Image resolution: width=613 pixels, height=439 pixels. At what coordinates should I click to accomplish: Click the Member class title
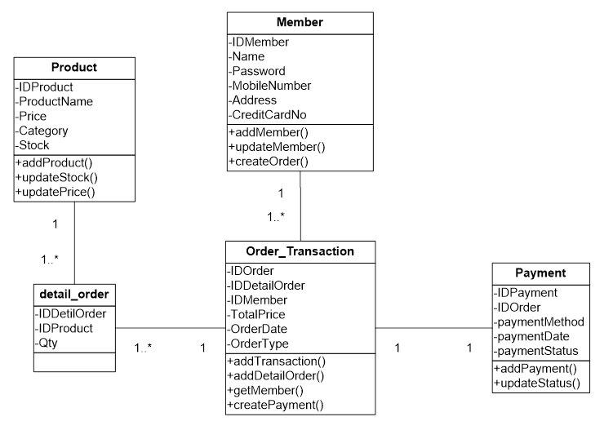click(x=300, y=23)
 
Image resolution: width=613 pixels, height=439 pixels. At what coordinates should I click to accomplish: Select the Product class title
click(x=74, y=68)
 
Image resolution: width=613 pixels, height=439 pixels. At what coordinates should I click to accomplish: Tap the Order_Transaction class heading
click(x=300, y=251)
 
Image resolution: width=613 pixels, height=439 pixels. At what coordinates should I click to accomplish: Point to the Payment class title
click(x=540, y=273)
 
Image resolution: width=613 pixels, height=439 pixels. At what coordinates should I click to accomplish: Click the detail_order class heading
click(x=74, y=292)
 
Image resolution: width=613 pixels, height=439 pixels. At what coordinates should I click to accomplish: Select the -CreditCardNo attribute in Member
click(x=269, y=115)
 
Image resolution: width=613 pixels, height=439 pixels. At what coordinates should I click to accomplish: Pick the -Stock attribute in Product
click(x=33, y=145)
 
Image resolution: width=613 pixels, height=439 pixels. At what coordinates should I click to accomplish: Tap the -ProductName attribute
click(x=54, y=101)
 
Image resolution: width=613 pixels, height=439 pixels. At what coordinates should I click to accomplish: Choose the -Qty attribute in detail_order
click(x=48, y=344)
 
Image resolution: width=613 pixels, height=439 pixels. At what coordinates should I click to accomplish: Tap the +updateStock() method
click(x=56, y=177)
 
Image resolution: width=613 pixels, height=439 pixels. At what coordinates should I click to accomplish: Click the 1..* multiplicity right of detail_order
click(x=144, y=348)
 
